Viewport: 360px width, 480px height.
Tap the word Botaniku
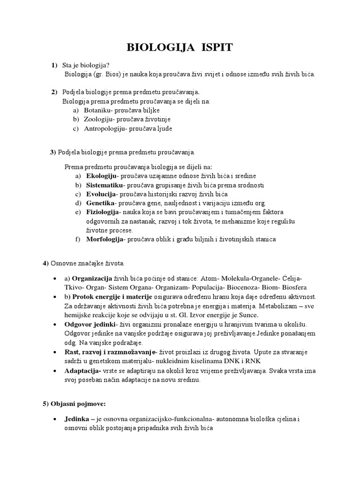coord(97,110)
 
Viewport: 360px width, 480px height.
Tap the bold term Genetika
coord(100,203)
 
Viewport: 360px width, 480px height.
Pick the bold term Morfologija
coord(105,239)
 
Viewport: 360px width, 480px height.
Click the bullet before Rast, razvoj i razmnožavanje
coord(56,352)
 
